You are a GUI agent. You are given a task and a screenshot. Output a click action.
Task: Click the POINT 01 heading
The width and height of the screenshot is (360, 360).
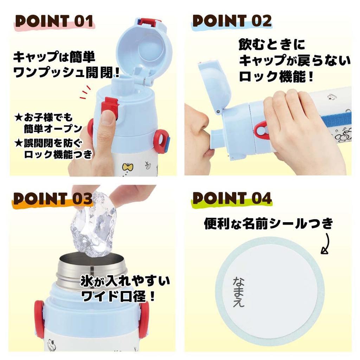point(54,21)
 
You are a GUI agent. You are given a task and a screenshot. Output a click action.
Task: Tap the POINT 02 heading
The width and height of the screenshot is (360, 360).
point(232,21)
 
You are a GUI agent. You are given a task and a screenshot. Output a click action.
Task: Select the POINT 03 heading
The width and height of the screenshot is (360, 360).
point(53,199)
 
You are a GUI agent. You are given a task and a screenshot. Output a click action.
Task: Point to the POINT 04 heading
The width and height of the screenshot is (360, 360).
point(232,199)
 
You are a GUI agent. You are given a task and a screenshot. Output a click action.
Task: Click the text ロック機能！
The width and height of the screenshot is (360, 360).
point(276,76)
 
